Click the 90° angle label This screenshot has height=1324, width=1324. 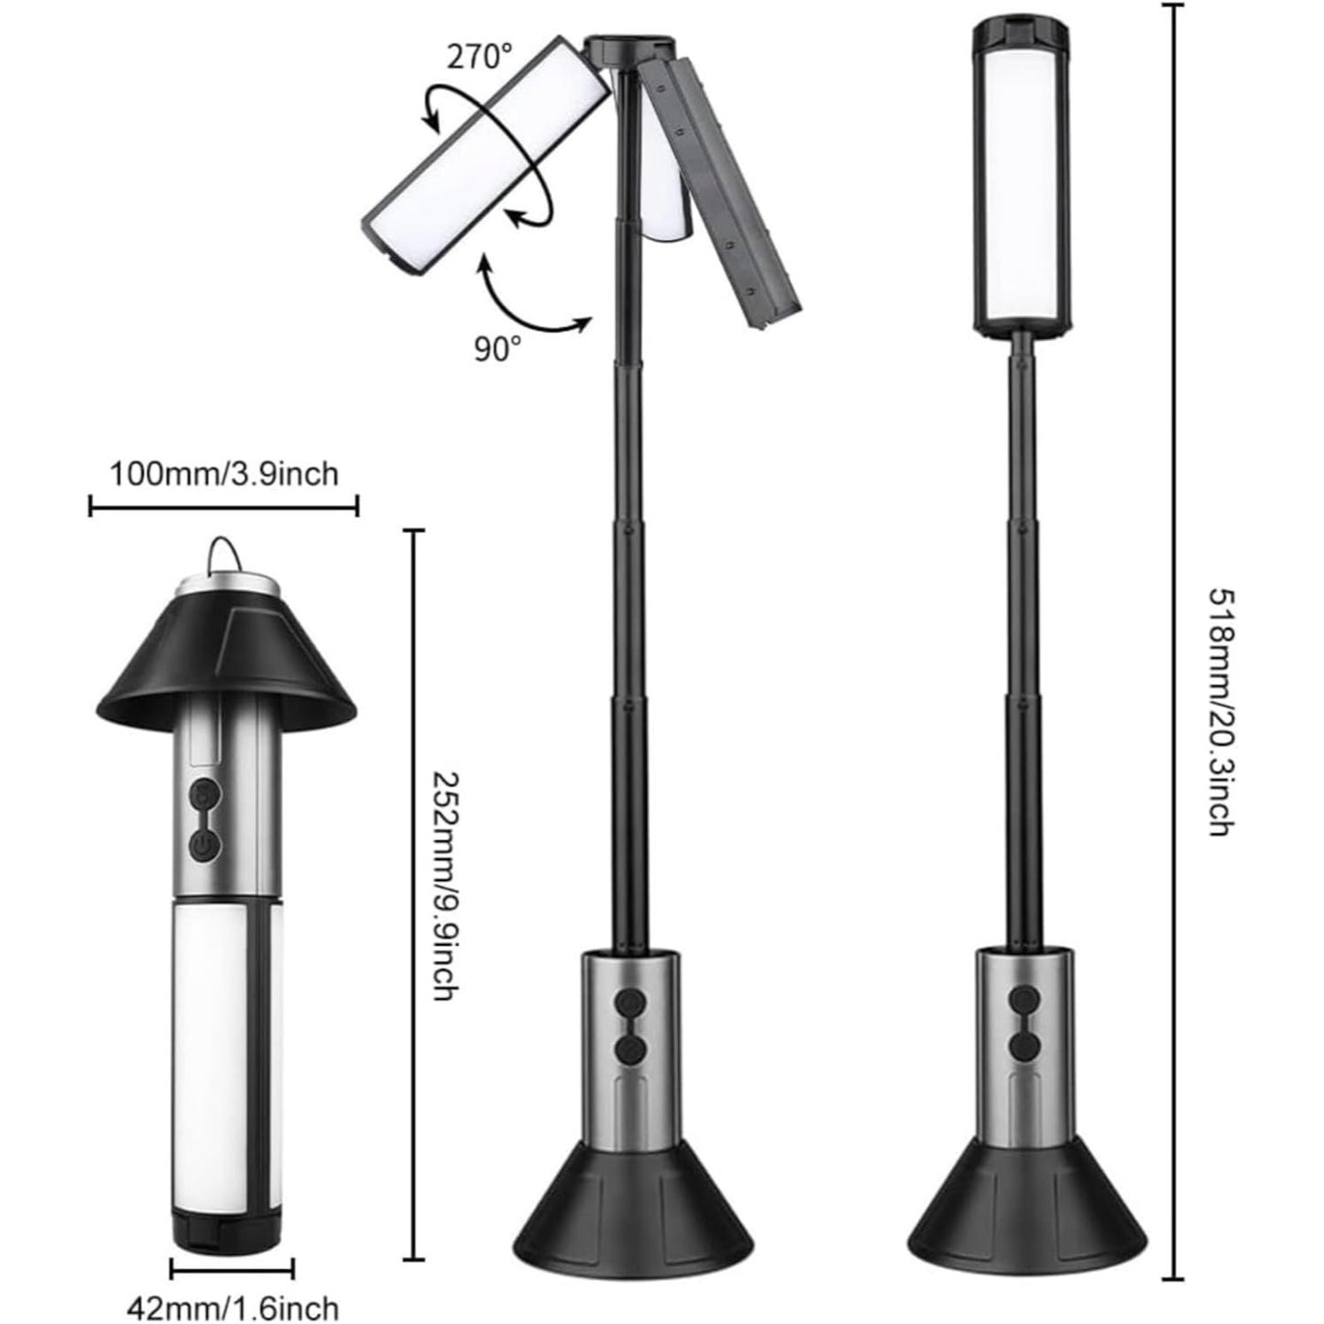coord(498,349)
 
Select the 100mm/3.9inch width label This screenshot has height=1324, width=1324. coord(224,474)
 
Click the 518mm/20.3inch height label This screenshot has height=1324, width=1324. coord(1219,712)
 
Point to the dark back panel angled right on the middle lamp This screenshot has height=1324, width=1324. coord(724,192)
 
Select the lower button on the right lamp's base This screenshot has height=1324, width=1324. coord(1022,1046)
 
